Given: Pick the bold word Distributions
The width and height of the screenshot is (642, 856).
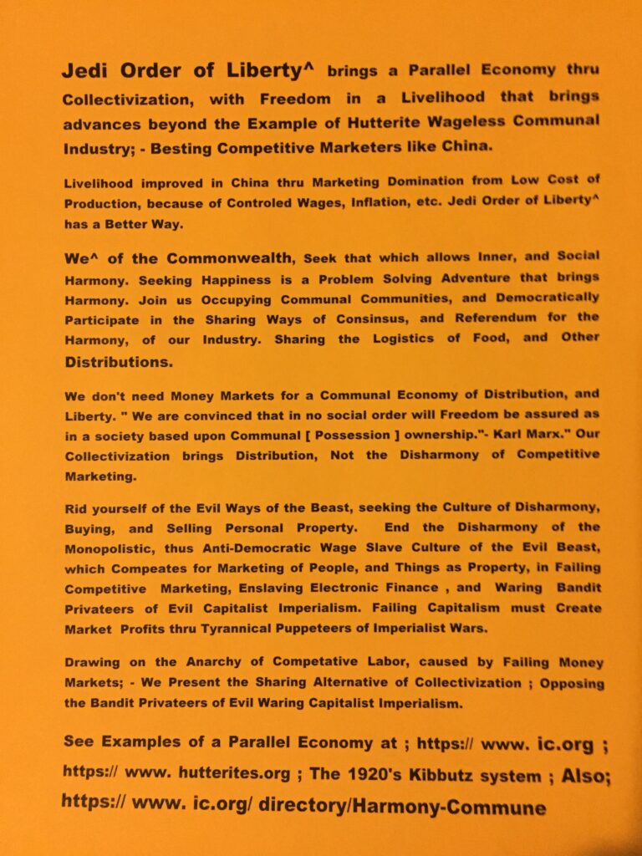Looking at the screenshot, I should [118, 362].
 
